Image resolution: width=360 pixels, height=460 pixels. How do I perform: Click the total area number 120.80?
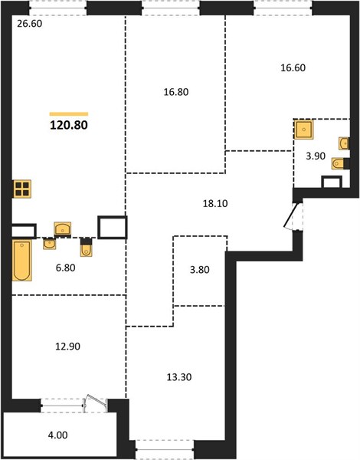tap(69, 125)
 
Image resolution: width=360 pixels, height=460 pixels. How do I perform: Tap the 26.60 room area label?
tap(30, 24)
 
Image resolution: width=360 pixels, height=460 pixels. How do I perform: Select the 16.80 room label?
tap(176, 92)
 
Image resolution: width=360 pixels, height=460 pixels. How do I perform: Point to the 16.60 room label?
tap(293, 67)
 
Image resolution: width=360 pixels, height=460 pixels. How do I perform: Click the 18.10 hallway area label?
tap(215, 203)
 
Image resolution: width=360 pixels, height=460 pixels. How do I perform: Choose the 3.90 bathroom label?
tap(316, 156)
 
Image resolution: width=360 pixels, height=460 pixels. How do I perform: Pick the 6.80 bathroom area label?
tap(66, 268)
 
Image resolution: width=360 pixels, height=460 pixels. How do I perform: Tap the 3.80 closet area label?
tap(200, 270)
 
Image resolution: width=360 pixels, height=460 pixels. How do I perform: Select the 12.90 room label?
tap(67, 347)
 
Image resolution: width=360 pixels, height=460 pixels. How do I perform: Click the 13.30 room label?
tap(179, 377)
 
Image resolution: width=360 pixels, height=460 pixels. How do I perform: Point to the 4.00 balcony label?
tap(57, 435)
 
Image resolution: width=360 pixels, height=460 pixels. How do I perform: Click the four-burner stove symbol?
tap(22, 189)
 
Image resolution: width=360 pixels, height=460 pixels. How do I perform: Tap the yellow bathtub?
tap(22, 260)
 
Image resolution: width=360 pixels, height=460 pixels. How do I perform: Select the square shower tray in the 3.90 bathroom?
tap(304, 129)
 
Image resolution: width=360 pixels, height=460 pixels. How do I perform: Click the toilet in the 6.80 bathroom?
tap(86, 248)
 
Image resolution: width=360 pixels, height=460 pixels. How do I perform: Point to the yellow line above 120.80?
tap(69, 114)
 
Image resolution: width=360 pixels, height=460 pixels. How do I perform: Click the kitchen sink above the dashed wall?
tap(63, 228)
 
